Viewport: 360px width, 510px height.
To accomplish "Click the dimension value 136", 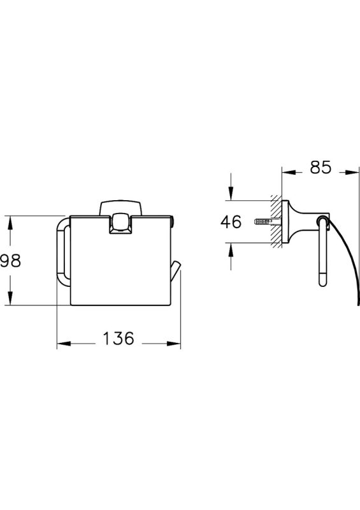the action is [x=119, y=338].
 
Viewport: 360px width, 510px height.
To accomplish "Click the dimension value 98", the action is [x=10, y=260].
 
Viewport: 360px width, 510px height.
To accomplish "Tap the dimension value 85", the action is [x=320, y=167].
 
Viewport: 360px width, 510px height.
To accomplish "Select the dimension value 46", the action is [x=231, y=221].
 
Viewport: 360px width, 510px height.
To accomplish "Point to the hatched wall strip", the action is [x=277, y=221].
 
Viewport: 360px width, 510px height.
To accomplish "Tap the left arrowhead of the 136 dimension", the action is [x=64, y=344].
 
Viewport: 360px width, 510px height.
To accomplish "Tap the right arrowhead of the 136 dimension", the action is [x=174, y=344].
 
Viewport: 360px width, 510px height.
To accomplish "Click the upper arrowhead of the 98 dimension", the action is [x=10, y=222].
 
